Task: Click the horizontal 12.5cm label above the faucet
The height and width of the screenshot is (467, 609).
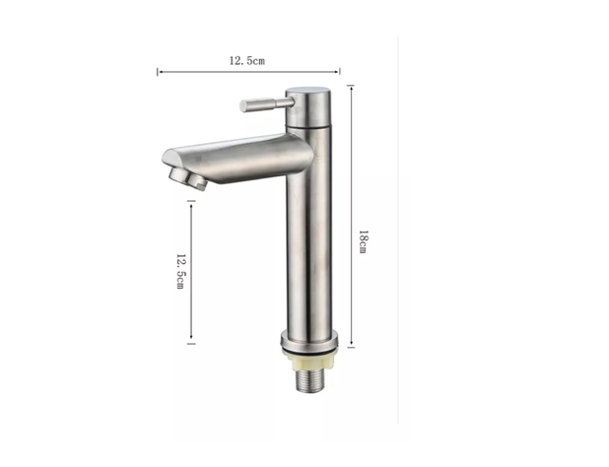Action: click(247, 61)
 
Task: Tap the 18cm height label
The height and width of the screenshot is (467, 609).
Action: click(363, 241)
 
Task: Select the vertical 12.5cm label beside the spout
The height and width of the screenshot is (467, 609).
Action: click(181, 271)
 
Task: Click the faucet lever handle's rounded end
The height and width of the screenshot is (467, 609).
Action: click(243, 106)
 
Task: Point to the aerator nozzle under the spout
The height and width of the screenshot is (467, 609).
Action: click(187, 178)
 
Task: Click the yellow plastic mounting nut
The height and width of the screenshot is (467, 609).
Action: click(308, 363)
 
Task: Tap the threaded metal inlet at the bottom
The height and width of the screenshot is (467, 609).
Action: click(308, 382)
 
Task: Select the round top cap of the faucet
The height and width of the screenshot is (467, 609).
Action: click(308, 93)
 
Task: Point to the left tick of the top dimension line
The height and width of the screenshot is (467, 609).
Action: click(158, 72)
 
